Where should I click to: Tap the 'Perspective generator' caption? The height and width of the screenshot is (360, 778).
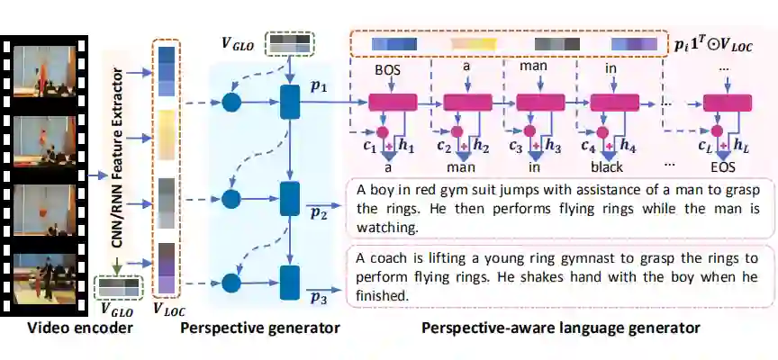coord(260,328)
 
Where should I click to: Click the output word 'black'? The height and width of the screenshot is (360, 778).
coord(595,167)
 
